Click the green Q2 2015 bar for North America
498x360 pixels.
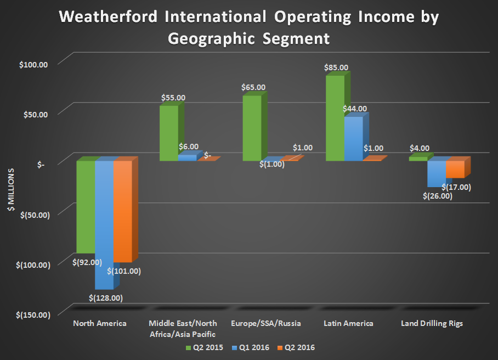(85, 206)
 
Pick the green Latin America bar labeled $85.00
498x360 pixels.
(335, 118)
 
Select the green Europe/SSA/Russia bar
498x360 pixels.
(252, 128)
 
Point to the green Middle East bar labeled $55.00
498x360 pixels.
(168, 133)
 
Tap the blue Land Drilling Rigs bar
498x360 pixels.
(437, 173)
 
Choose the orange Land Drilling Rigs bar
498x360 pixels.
(455, 169)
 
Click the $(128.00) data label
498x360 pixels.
(105, 298)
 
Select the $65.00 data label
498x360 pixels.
(253, 87)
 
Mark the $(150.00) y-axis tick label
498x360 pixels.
(32, 314)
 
